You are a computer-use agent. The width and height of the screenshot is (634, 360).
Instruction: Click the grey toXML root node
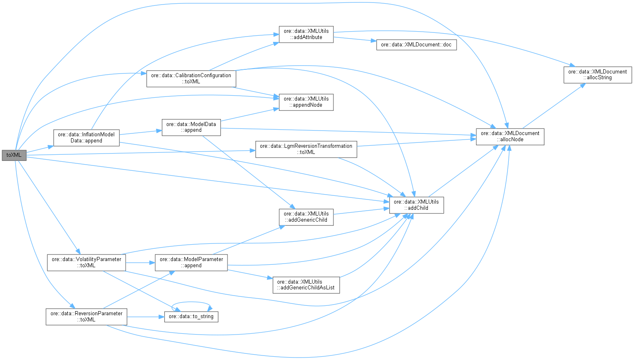click(x=14, y=155)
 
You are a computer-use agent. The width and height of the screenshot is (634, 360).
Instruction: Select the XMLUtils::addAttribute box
click(x=306, y=34)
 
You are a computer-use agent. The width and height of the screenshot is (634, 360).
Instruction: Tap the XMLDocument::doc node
click(x=416, y=45)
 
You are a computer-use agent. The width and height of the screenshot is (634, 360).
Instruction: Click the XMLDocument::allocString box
click(x=597, y=74)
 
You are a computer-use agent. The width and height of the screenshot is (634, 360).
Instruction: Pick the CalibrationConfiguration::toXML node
click(x=191, y=78)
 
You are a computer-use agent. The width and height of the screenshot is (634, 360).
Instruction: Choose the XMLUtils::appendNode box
click(x=306, y=102)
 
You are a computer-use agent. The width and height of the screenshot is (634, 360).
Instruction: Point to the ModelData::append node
click(x=191, y=127)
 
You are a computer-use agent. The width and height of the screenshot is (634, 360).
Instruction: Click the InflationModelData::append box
click(x=86, y=138)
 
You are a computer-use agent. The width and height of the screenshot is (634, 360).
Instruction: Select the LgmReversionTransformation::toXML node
click(x=306, y=149)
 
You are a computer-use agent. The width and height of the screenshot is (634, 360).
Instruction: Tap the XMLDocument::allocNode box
click(x=510, y=136)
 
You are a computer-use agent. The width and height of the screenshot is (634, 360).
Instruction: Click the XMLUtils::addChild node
click(x=416, y=205)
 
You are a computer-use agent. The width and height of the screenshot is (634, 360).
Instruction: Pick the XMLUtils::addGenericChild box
click(x=306, y=217)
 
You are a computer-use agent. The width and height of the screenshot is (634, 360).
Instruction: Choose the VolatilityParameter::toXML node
click(x=86, y=262)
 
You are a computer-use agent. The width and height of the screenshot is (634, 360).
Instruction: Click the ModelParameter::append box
click(x=191, y=262)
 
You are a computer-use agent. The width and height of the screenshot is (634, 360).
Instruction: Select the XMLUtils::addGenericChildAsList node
click(x=306, y=285)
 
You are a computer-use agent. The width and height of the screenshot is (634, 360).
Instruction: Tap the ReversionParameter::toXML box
click(x=86, y=316)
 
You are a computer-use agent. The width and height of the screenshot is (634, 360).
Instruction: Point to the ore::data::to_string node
click(x=191, y=316)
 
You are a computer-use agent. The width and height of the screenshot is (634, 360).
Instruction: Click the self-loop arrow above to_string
click(x=191, y=303)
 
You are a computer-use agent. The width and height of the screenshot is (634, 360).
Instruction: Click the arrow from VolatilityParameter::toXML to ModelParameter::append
click(x=140, y=263)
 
